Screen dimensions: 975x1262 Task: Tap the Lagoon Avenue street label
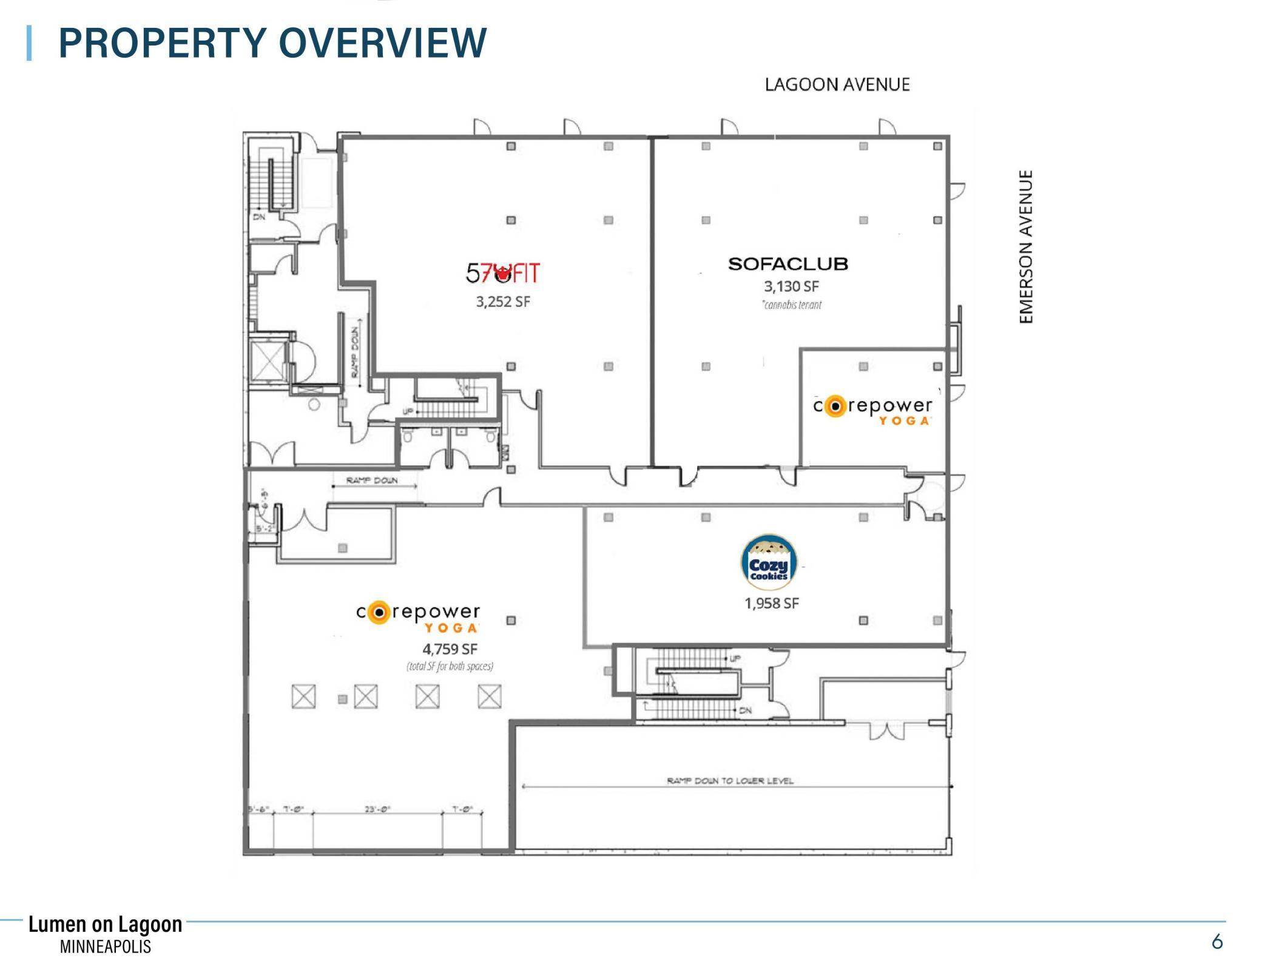[837, 84]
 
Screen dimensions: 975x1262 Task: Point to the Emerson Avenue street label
[1025, 246]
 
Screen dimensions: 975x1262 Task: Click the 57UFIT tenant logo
[502, 273]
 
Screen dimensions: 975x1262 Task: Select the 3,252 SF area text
[503, 302]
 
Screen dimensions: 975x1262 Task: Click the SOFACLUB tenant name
[788, 264]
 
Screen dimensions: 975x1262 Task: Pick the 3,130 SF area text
[791, 286]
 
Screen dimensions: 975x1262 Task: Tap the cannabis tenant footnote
[792, 305]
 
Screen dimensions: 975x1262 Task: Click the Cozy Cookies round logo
[769, 562]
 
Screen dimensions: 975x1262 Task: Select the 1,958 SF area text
[771, 603]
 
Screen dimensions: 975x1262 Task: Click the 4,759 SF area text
[450, 649]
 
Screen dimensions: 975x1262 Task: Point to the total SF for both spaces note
[450, 666]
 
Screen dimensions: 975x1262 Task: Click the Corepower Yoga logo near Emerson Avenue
[872, 410]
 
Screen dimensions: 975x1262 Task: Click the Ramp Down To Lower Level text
[730, 780]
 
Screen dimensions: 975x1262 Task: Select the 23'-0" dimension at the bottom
[377, 809]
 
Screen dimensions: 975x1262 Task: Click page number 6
[1216, 942]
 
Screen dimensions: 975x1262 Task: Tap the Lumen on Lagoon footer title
[105, 924]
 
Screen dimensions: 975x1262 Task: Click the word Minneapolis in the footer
[105, 946]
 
